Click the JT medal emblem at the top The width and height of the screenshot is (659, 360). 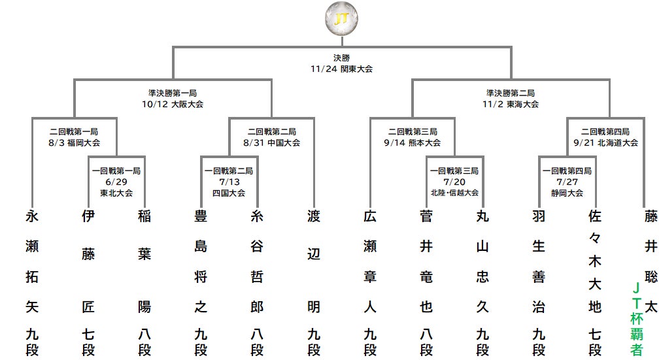click(x=341, y=19)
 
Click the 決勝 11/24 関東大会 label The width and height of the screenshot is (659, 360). click(x=342, y=63)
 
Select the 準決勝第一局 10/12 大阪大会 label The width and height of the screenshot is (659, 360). click(x=173, y=99)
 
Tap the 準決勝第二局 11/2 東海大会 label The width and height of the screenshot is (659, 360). click(x=511, y=99)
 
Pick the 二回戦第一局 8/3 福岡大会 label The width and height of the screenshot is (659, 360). click(x=75, y=137)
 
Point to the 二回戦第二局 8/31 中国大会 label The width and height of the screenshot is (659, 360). click(x=271, y=137)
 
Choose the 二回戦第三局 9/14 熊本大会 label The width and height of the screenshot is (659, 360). click(x=412, y=137)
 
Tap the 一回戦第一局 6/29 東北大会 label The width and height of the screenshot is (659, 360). click(x=116, y=182)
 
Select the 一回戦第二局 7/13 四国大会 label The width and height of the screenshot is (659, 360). click(x=228, y=182)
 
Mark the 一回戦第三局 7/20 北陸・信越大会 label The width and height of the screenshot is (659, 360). click(x=454, y=182)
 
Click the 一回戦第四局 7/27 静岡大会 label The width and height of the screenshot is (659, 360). click(x=567, y=182)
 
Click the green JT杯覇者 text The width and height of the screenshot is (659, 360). click(x=635, y=318)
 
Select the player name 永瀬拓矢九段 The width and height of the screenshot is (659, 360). click(x=32, y=282)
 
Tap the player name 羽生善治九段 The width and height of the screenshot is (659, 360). click(x=539, y=282)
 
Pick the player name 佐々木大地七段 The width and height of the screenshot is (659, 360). click(x=595, y=282)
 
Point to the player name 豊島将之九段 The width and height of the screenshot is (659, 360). click(x=201, y=282)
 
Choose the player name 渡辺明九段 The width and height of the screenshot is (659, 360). click(x=314, y=282)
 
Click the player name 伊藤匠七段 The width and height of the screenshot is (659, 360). click(x=88, y=282)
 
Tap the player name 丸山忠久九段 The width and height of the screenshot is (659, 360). click(x=482, y=282)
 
